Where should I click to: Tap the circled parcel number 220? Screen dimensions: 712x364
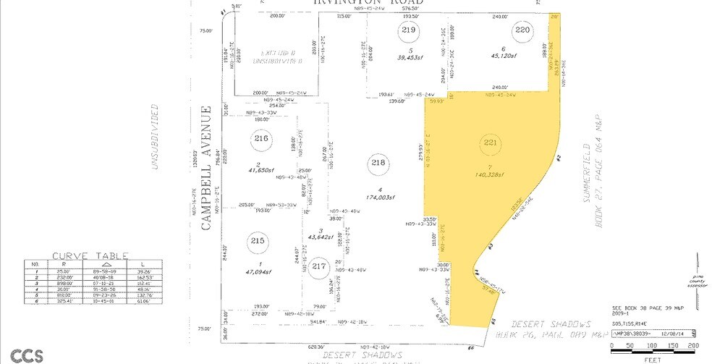coord(523,30)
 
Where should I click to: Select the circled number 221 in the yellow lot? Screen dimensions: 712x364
coord(491,143)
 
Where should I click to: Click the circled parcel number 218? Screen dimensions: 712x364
coord(378,164)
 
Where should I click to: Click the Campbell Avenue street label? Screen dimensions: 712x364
coord(205,169)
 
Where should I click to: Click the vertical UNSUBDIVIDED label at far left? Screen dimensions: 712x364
coord(154,137)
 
